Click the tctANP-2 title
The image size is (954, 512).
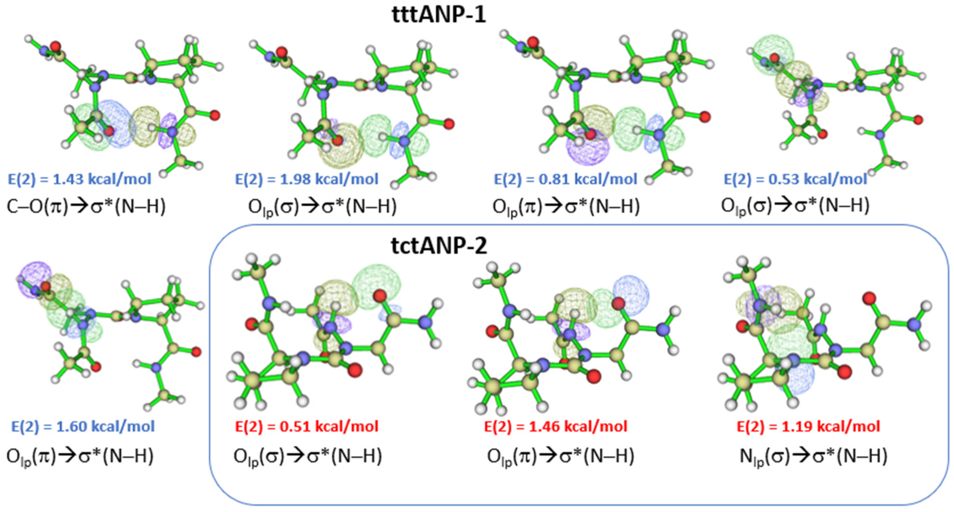point(439,246)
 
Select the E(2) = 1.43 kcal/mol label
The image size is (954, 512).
point(80,179)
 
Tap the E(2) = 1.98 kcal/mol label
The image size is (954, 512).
point(307,179)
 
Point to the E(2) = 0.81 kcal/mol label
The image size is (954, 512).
point(566,179)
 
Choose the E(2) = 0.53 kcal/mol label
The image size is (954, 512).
point(796,179)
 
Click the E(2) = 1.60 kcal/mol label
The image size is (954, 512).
point(83,427)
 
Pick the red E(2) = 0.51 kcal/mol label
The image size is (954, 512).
point(307,427)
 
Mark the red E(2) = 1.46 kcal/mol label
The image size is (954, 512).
point(556,427)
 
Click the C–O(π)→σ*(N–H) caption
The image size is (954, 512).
point(86,206)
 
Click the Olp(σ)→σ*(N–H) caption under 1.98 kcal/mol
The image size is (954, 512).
point(322,206)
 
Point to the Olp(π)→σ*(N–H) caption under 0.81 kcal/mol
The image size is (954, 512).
point(566,206)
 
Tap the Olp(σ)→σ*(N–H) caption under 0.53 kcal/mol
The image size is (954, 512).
point(795,206)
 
